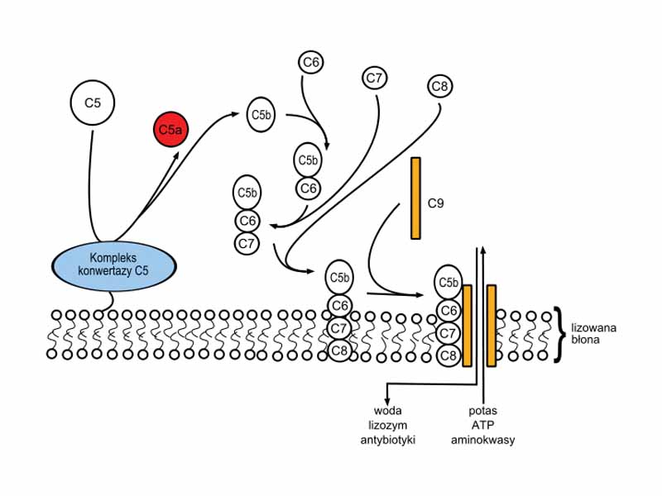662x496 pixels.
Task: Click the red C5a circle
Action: tap(170, 129)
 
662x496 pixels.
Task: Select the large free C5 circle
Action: tap(92, 103)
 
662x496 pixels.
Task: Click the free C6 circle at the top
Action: tap(311, 62)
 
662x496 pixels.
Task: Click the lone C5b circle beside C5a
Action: tap(261, 116)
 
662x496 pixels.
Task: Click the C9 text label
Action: tap(436, 202)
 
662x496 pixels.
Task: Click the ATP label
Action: tap(482, 425)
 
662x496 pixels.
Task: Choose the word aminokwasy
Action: tap(482, 440)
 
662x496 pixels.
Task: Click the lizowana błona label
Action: tap(593, 333)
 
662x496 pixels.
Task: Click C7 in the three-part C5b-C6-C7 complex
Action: tap(247, 243)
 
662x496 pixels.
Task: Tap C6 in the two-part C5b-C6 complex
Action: tap(309, 188)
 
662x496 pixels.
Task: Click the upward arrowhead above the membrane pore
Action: tap(482, 248)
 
